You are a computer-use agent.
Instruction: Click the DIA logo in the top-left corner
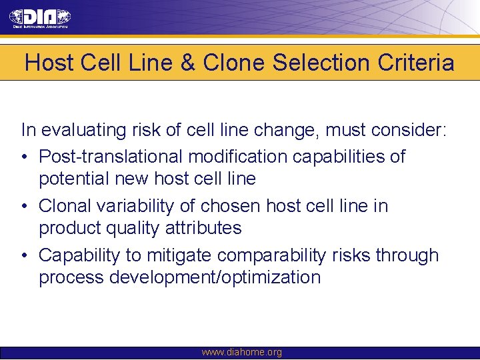pyautogui.click(x=40, y=18)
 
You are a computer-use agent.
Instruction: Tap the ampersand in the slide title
pyautogui.click(x=186, y=63)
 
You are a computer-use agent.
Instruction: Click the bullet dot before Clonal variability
pyautogui.click(x=25, y=206)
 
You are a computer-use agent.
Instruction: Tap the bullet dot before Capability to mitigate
pyautogui.click(x=25, y=255)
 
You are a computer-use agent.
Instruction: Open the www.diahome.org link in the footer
pyautogui.click(x=241, y=352)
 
